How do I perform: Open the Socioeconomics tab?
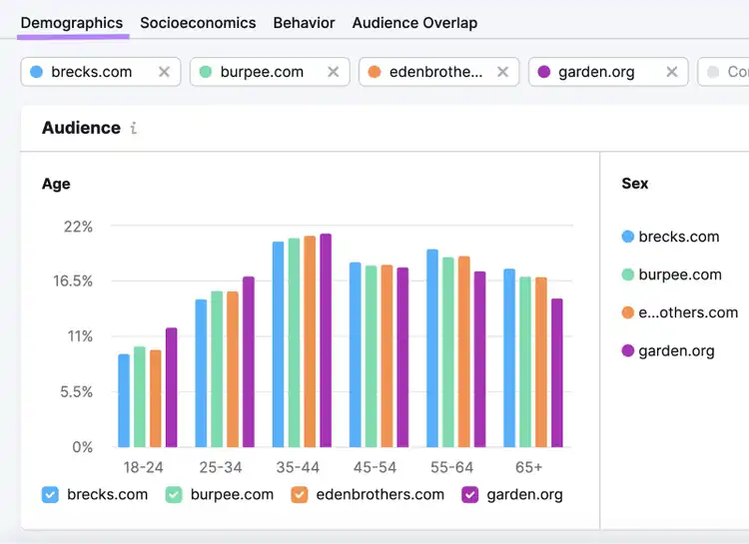pos(198,23)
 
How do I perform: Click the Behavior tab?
pos(304,23)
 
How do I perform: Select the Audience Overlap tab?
pos(414,23)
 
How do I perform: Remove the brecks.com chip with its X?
pos(164,72)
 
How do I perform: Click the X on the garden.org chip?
pos(672,72)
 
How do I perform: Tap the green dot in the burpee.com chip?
pos(206,72)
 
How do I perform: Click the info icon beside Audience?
pos(133,128)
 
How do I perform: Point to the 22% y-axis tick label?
pos(78,227)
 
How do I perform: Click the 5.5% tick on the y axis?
pos(77,392)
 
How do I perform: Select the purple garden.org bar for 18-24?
pos(171,387)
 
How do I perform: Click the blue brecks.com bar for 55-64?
pos(432,348)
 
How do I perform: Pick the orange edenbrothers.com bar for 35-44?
pos(310,341)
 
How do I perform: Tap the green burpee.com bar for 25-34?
pos(217,369)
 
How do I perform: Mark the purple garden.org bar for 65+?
pos(557,373)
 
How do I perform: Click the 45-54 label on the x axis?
pos(374,467)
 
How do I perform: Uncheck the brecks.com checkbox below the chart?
pos(50,495)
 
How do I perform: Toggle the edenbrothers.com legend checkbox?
pos(300,495)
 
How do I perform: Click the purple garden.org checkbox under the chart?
pos(470,495)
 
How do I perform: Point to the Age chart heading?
pos(56,184)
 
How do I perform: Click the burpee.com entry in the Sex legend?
pos(672,274)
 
